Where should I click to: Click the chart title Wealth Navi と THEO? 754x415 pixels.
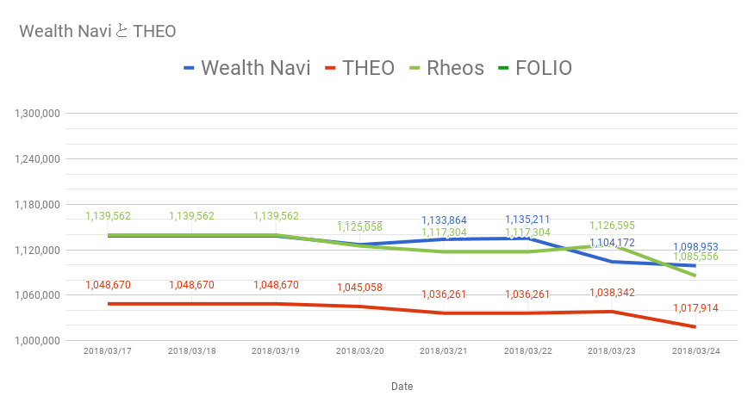[x=97, y=32]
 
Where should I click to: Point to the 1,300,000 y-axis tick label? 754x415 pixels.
[x=36, y=114]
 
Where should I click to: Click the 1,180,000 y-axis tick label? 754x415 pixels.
[x=36, y=205]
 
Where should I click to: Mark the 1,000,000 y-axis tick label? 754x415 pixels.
[x=36, y=341]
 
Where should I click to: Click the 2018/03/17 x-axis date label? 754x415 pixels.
[x=107, y=351]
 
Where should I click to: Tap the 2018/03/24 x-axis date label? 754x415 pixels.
[x=695, y=351]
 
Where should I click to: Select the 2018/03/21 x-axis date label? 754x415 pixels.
[x=443, y=351]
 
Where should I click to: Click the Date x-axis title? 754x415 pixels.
[x=402, y=387]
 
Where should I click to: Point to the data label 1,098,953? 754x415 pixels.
[x=695, y=246]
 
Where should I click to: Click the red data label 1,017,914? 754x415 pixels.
[x=695, y=308]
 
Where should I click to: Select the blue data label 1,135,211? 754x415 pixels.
[x=527, y=220]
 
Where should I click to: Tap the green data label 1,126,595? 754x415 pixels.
[x=612, y=226]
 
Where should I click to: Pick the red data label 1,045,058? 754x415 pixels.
[x=359, y=288]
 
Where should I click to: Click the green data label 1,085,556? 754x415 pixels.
[x=695, y=257]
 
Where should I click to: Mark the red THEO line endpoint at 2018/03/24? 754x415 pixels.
[x=695, y=326]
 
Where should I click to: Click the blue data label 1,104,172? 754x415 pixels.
[x=612, y=243]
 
